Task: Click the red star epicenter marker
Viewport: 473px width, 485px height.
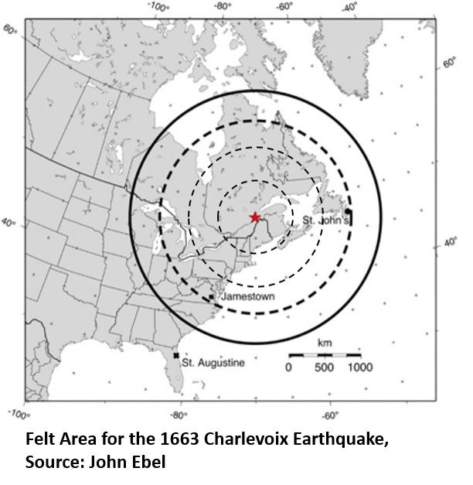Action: (x=255, y=218)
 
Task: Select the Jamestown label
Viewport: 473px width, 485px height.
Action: (x=243, y=296)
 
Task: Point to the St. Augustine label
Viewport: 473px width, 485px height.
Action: (x=213, y=362)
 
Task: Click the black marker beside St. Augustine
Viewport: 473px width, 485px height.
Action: (x=177, y=355)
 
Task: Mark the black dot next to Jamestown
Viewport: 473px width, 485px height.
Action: (x=212, y=296)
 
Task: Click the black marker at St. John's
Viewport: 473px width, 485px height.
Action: (x=349, y=210)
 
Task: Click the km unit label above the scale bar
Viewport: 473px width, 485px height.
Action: (x=325, y=343)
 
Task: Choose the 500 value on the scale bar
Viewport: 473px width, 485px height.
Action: (x=324, y=368)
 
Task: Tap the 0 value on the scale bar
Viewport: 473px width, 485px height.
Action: (x=289, y=368)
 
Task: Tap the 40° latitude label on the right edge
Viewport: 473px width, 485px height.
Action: (x=451, y=243)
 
